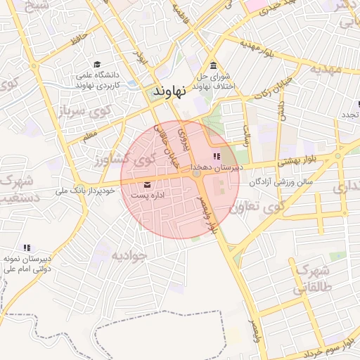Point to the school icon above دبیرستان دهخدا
217,156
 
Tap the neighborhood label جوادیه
128,255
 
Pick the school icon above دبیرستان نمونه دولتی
27,247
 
